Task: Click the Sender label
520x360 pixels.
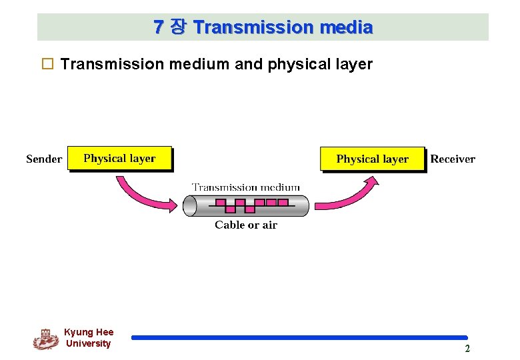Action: [x=44, y=159]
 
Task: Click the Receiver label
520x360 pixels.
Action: [x=453, y=159]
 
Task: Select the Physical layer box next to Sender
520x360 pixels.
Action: [x=119, y=159]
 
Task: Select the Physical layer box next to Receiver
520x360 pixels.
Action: [x=372, y=159]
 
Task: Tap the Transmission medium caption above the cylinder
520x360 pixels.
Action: [x=246, y=187]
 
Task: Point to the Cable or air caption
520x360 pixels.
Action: [x=246, y=225]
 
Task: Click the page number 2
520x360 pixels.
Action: [x=467, y=349]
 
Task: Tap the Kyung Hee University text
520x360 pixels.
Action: [x=89, y=338]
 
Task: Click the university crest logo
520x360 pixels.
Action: [x=45, y=339]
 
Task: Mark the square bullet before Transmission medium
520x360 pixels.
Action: [x=47, y=65]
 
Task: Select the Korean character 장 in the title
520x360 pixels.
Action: [x=178, y=27]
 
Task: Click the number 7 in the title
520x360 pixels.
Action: [x=158, y=27]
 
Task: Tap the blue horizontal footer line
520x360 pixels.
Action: [x=299, y=338]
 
